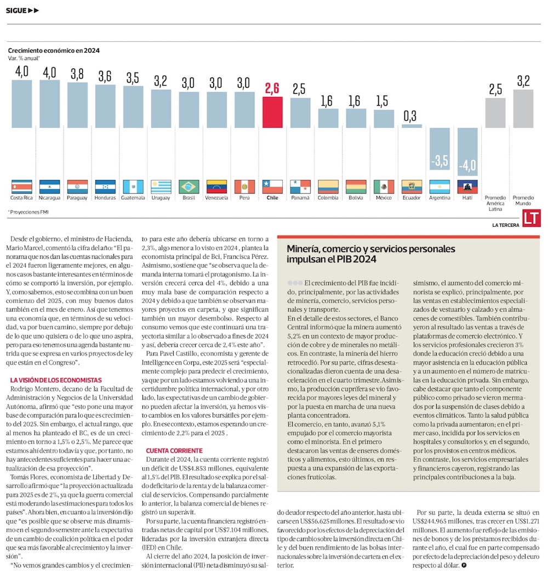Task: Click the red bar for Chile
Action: pyautogui.click(x=272, y=112)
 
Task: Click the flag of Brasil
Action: pyautogui.click(x=189, y=187)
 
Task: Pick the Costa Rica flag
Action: pyautogui.click(x=22, y=187)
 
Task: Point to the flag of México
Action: pyautogui.click(x=384, y=187)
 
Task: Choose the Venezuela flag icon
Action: pyautogui.click(x=216, y=187)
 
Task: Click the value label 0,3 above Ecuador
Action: pyautogui.click(x=409, y=116)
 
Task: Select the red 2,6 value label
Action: pyautogui.click(x=272, y=88)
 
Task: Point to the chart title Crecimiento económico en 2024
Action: pyautogui.click(x=54, y=50)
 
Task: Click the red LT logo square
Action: pyautogui.click(x=531, y=218)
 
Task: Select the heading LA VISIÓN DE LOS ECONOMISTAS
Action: pyautogui.click(x=56, y=380)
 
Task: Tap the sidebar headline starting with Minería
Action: pyautogui.click(x=370, y=254)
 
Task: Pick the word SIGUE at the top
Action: pyautogui.click(x=16, y=10)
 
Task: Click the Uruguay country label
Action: pyautogui.click(x=161, y=198)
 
